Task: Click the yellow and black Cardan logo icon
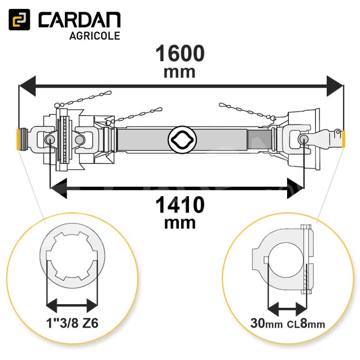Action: (19, 19)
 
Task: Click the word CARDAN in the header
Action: (80, 20)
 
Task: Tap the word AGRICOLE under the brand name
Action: (94, 36)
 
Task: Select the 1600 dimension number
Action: (180, 53)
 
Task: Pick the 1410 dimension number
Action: (180, 205)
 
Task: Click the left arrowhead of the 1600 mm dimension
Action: (27, 86)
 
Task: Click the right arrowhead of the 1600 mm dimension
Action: (335, 86)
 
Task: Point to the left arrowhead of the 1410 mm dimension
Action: (58, 188)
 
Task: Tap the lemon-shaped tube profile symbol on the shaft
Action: (182, 139)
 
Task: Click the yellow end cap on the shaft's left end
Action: (18, 139)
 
